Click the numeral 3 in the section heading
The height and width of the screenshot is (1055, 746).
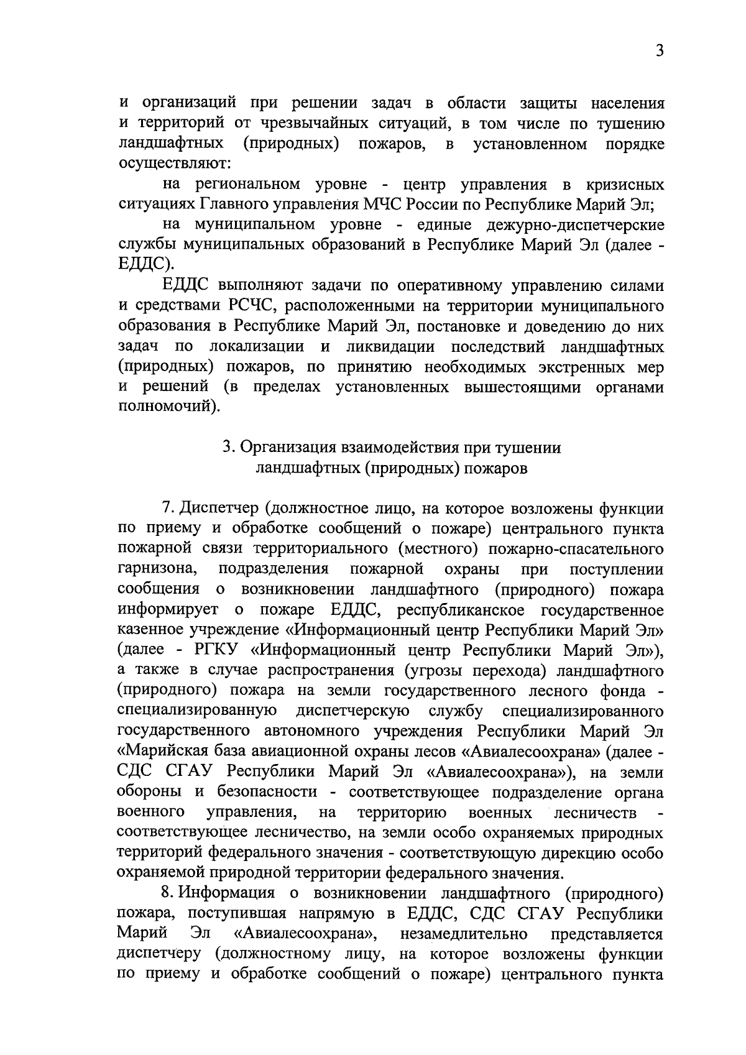coord(228,448)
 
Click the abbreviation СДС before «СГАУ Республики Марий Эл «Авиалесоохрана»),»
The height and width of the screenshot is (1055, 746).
coord(137,773)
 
